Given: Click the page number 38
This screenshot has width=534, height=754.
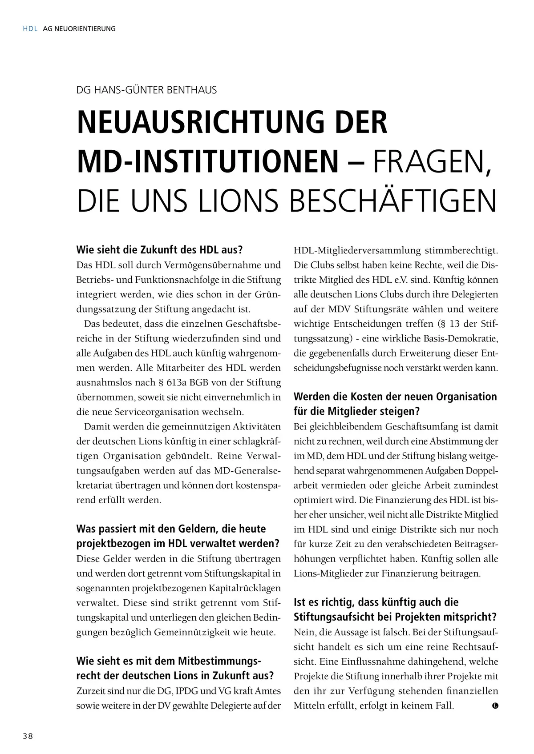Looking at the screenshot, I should (x=28, y=736).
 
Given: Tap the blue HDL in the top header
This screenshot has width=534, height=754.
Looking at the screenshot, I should (x=30, y=29).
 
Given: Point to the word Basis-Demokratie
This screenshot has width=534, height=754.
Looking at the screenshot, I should (x=454, y=339).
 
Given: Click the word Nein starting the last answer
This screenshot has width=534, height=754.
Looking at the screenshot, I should (x=303, y=632).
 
